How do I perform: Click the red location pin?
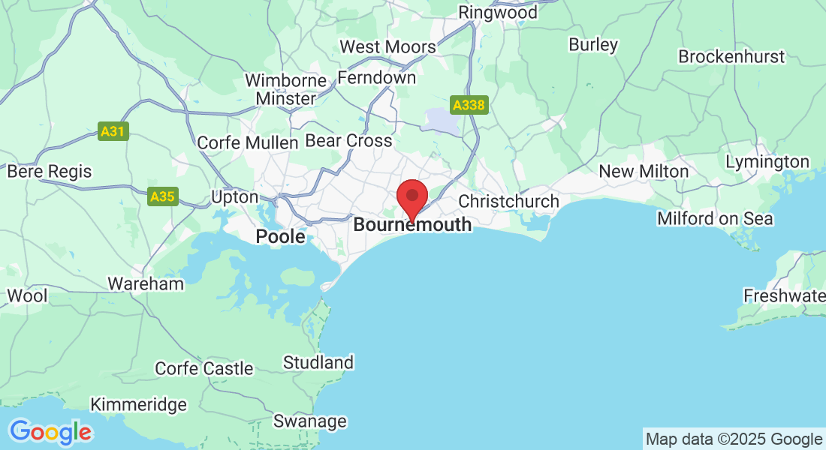(412, 196)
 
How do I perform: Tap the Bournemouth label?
(412, 224)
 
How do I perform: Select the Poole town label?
(281, 237)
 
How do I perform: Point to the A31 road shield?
(113, 131)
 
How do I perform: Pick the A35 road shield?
(162, 197)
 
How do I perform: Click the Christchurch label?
(508, 201)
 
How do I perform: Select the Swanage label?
(310, 421)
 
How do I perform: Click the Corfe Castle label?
(204, 368)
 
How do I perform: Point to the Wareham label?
(146, 283)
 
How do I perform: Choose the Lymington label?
(767, 162)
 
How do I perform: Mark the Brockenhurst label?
(731, 57)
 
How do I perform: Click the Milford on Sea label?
(715, 218)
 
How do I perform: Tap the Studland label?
(318, 363)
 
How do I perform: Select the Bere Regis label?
(50, 172)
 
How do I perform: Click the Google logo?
(50, 432)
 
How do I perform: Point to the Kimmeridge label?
(139, 405)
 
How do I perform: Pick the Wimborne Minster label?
(286, 89)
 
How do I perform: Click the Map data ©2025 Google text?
(734, 439)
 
